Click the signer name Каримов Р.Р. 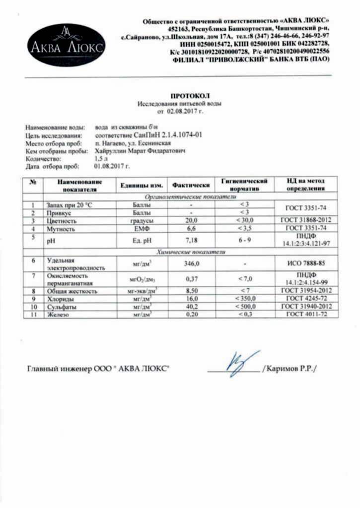click(291, 369)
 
